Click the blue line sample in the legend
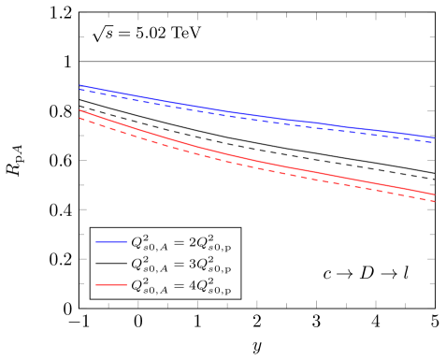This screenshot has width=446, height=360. [112, 242]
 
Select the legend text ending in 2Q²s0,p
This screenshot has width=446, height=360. [183, 242]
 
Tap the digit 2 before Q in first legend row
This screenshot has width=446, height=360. [194, 241]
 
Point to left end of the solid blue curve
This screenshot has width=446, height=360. [80, 86]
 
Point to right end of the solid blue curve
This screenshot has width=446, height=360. [435, 137]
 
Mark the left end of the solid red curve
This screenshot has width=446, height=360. [80, 110]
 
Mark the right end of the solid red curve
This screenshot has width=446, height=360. [435, 194]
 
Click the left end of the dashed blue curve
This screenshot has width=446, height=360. [80, 90]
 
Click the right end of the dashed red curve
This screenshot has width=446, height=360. [435, 201]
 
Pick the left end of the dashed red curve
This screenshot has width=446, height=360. [80, 117]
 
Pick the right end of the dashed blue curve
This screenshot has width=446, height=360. [435, 141]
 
